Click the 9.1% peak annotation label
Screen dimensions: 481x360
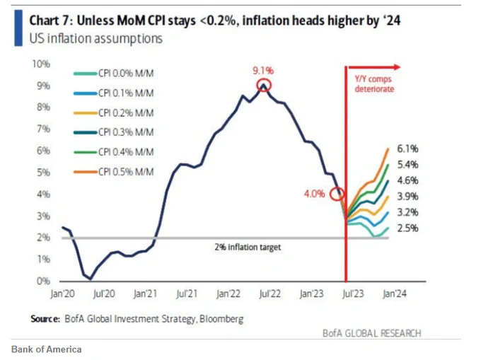click(x=263, y=71)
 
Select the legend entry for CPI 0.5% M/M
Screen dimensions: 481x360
click(x=113, y=172)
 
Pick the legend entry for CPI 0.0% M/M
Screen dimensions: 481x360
click(x=113, y=74)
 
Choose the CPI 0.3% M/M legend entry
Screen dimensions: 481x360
click(x=113, y=132)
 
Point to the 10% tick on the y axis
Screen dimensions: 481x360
click(x=41, y=64)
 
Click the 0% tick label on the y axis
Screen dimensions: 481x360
click(x=43, y=281)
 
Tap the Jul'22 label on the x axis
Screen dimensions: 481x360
click(x=270, y=294)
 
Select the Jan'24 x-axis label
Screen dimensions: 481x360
click(x=395, y=294)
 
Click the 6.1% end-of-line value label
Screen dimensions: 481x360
click(x=407, y=149)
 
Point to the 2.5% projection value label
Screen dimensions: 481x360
click(x=407, y=228)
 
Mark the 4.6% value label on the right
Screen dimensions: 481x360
click(x=407, y=180)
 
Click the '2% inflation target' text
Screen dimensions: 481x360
click(x=248, y=247)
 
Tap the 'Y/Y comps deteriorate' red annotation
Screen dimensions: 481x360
click(x=374, y=83)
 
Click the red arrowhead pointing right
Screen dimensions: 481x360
click(x=398, y=67)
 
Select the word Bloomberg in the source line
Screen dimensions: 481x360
click(x=221, y=319)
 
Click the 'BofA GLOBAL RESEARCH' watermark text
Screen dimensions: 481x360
click(x=372, y=333)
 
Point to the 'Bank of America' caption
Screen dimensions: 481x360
click(x=46, y=349)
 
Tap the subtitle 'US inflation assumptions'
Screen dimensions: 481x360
click(x=95, y=39)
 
